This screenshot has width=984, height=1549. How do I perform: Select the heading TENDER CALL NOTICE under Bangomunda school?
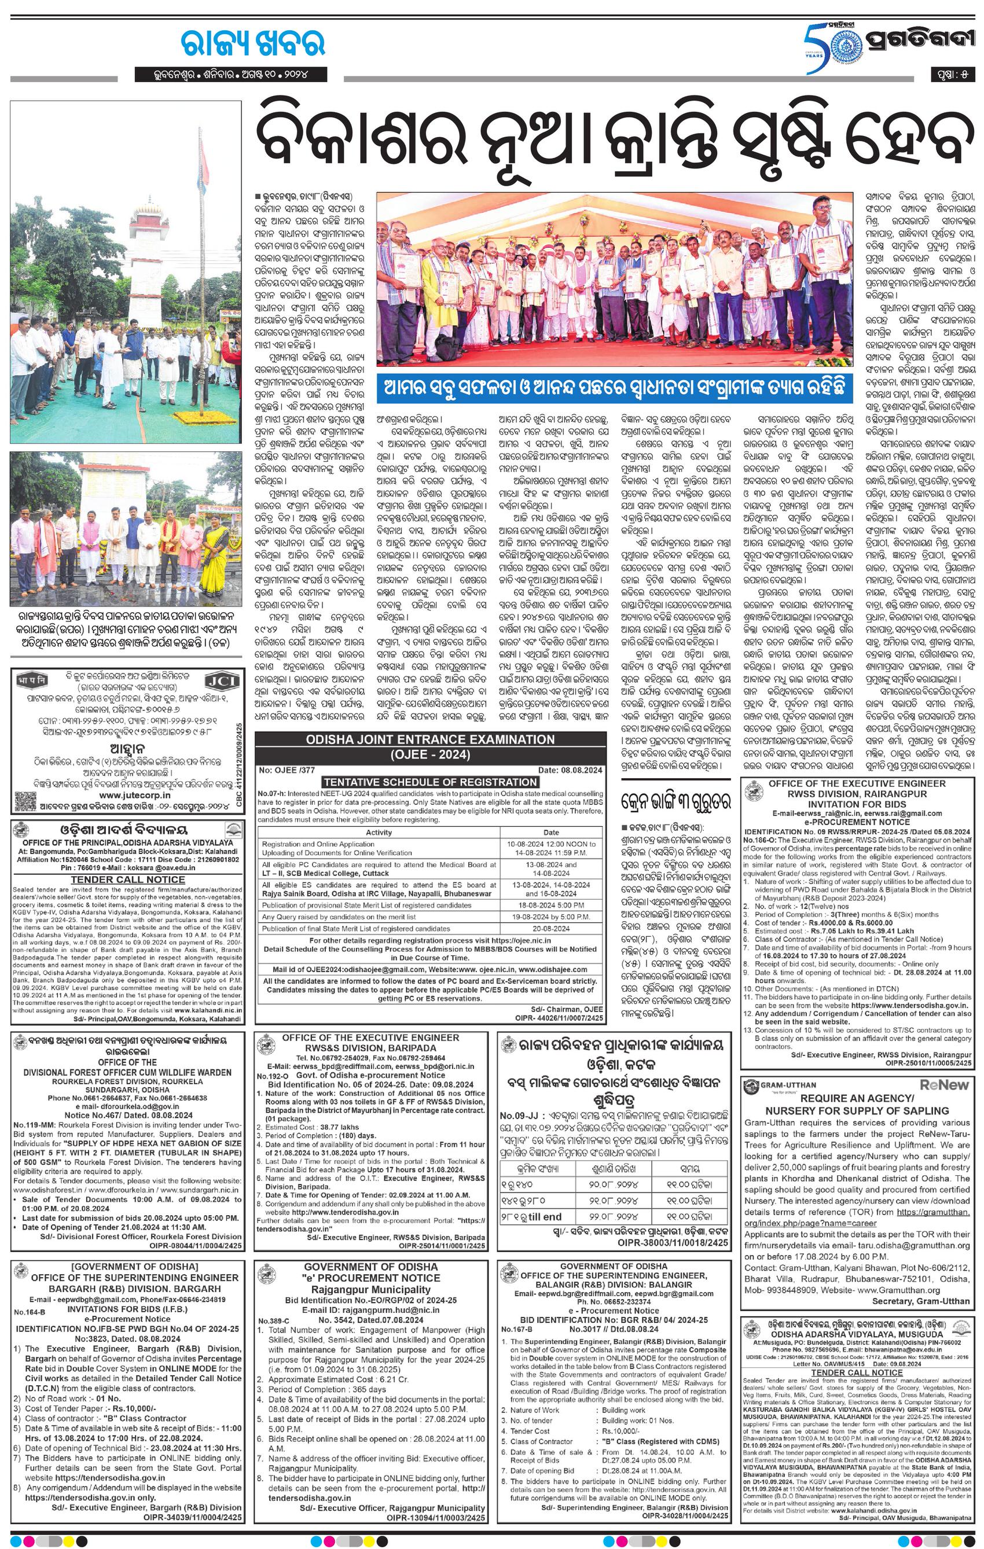[127, 879]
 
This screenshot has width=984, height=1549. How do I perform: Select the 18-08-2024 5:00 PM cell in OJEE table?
[552, 904]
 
